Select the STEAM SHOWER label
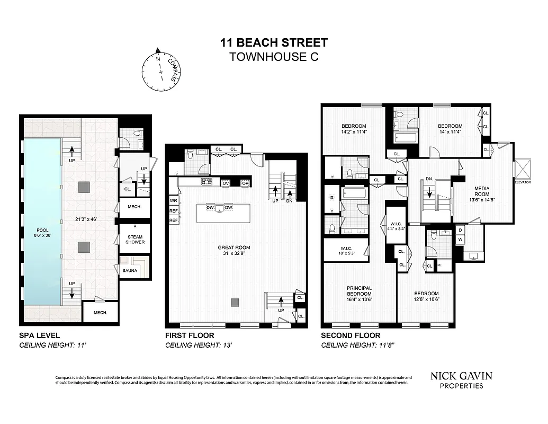(x=135, y=239)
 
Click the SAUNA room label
(x=130, y=271)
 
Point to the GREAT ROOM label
(x=233, y=247)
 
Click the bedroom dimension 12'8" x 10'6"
(x=426, y=299)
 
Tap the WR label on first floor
(x=173, y=201)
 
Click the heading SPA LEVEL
(x=40, y=335)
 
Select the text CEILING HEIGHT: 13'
(x=200, y=345)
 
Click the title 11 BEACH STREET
(x=274, y=43)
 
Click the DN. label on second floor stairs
(x=429, y=180)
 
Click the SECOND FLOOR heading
(x=351, y=335)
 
